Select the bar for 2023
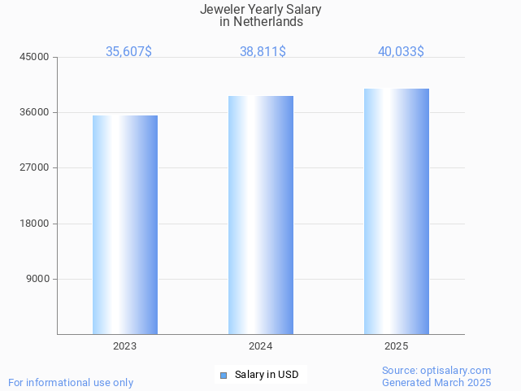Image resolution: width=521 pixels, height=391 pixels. pyautogui.click(x=125, y=224)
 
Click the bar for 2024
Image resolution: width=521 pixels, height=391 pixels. pyautogui.click(x=261, y=215)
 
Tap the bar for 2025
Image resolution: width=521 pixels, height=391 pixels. pyautogui.click(x=397, y=211)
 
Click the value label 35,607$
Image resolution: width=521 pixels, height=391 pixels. pyautogui.click(x=128, y=51)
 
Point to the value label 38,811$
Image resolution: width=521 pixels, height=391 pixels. pyautogui.click(x=263, y=51)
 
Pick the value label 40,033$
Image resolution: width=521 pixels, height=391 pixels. pyautogui.click(x=401, y=51)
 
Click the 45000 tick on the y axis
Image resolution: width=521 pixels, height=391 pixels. pyautogui.click(x=35, y=57)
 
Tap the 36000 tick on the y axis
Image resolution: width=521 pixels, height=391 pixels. pyautogui.click(x=35, y=112)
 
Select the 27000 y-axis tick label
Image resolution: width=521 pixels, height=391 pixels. pyautogui.click(x=35, y=167)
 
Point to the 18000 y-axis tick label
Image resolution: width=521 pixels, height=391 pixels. pyautogui.click(x=35, y=224)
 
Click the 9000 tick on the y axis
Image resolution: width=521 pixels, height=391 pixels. pyautogui.click(x=38, y=279)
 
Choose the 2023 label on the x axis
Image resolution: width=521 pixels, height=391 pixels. pyautogui.click(x=125, y=346)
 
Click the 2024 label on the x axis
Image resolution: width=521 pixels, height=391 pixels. pyautogui.click(x=261, y=346)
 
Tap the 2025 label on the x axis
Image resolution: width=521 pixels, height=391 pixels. pyautogui.click(x=397, y=346)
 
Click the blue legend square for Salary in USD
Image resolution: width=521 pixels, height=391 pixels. pyautogui.click(x=224, y=375)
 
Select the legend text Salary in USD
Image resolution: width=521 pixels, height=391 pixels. pyautogui.click(x=267, y=375)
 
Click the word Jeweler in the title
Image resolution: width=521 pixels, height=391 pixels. pyautogui.click(x=220, y=10)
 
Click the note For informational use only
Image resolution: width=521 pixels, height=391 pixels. pyautogui.click(x=71, y=382)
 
